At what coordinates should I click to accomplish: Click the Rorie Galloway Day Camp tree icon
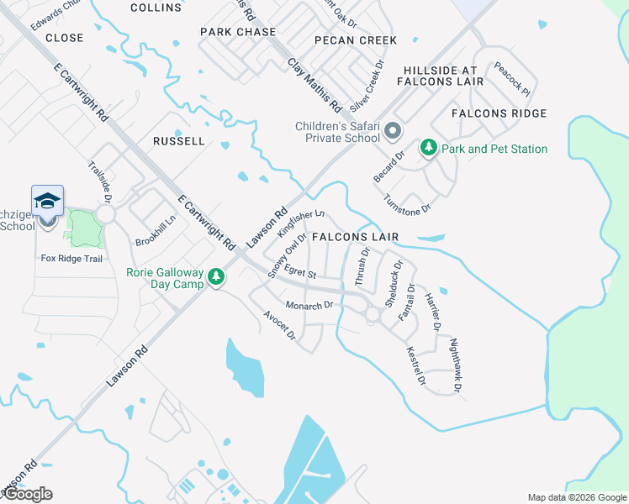[x=217, y=276]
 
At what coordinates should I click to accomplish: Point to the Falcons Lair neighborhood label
[x=354, y=238]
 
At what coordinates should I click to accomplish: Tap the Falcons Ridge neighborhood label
[x=499, y=113]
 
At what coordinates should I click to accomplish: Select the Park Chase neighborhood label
[x=238, y=32]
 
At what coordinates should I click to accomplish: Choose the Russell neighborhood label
[x=178, y=141]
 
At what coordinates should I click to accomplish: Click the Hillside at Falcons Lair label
[x=443, y=76]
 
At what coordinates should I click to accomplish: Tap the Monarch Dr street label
[x=310, y=305]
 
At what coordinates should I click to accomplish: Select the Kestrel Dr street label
[x=416, y=367]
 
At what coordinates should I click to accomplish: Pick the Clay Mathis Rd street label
[x=314, y=86]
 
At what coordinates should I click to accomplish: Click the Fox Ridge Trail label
[x=71, y=258]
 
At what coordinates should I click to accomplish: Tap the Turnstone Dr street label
[x=407, y=202]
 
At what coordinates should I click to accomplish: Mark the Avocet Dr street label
[x=280, y=326]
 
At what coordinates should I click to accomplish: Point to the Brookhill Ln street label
[x=156, y=230]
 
